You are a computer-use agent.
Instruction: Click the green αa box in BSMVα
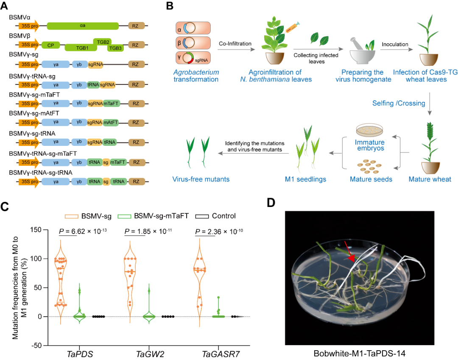click(83, 26)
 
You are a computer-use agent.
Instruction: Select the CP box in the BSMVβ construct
click(50, 45)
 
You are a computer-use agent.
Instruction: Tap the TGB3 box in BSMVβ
click(114, 48)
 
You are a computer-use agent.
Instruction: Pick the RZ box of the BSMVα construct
click(136, 26)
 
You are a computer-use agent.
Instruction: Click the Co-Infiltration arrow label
click(235, 44)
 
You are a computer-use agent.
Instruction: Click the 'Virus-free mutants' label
click(201, 179)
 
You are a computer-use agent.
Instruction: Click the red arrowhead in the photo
click(351, 258)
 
